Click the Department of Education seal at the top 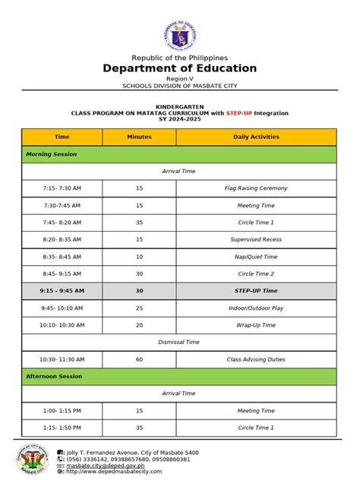[x=179, y=35]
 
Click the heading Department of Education [x=179, y=68]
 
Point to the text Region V [x=179, y=78]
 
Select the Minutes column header [x=139, y=137]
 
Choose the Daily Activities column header [x=255, y=137]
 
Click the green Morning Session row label [x=52, y=154]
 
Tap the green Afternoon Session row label [x=54, y=376]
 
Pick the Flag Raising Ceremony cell [x=255, y=188]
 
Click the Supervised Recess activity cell [x=255, y=239]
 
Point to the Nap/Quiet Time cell [x=255, y=257]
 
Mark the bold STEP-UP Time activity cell [x=255, y=291]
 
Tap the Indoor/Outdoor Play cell [x=255, y=308]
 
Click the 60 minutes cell [x=139, y=359]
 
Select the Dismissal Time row [x=179, y=342]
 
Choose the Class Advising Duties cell [x=255, y=359]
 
